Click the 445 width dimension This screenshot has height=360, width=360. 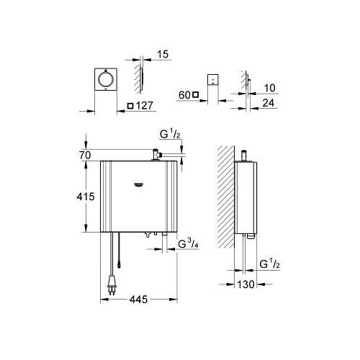tap(138, 300)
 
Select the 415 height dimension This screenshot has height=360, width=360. tap(86, 197)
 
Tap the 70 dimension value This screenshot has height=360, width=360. tap(85, 156)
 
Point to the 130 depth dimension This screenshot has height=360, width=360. tap(246, 284)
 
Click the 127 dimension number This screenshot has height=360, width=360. tap(145, 106)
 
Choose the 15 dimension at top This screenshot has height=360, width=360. tap(163, 54)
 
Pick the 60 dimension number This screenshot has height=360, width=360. tap(184, 95)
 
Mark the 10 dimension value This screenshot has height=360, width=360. tap(269, 88)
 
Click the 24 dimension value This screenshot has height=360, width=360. tap(269, 103)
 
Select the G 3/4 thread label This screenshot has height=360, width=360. tap(188, 244)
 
